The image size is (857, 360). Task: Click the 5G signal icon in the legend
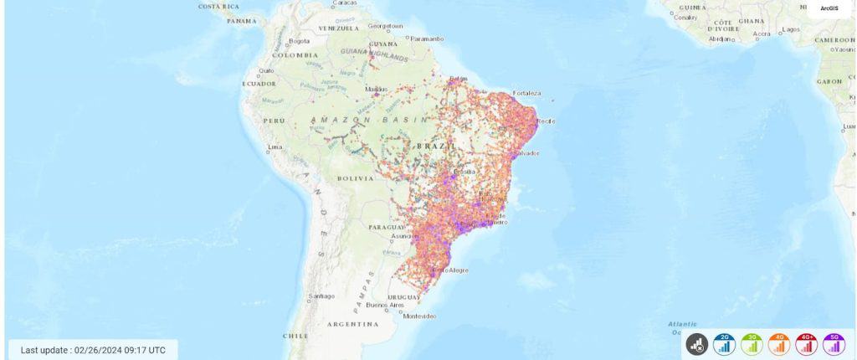click(x=834, y=343)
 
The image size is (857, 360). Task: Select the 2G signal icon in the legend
click(x=724, y=343)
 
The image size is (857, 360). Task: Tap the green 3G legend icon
click(x=752, y=343)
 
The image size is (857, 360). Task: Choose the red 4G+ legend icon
click(x=807, y=343)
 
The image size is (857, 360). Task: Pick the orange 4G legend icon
click(x=779, y=343)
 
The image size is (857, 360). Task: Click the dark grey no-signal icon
click(x=697, y=343)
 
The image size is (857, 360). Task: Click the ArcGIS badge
click(x=829, y=8)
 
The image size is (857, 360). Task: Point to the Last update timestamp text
click(x=93, y=350)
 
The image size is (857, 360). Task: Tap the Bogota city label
click(x=299, y=41)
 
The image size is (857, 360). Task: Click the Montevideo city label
click(x=419, y=316)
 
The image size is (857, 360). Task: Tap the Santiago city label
click(x=321, y=296)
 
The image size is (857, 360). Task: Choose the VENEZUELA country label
click(x=339, y=28)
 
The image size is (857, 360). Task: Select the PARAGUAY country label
click(x=386, y=227)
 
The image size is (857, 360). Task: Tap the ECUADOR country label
click(x=259, y=84)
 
